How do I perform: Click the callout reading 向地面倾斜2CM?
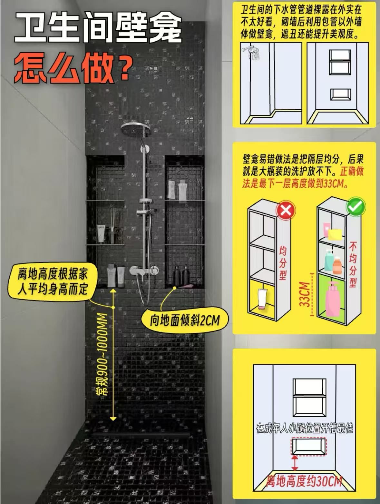coord(185,320)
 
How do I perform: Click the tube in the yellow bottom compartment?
coord(263,299)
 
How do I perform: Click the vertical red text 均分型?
coord(282,262)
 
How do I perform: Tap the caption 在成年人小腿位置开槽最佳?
coord(304,428)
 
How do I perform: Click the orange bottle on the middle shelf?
coord(337,265)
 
